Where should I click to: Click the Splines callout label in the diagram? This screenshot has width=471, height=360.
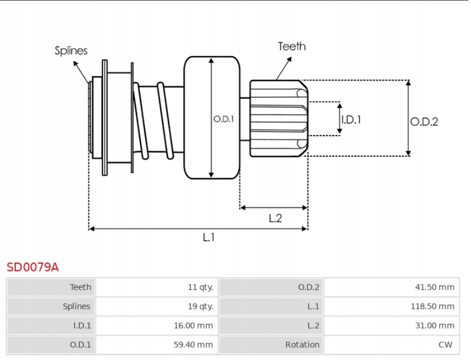(x=71, y=50)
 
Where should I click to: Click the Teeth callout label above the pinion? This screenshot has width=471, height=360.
(x=291, y=46)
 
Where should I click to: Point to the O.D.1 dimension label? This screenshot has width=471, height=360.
(x=223, y=119)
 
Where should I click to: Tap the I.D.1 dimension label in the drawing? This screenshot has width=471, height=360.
(x=351, y=120)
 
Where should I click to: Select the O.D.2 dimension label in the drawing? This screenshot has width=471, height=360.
(x=424, y=122)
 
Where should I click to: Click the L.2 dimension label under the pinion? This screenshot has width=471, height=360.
(x=275, y=218)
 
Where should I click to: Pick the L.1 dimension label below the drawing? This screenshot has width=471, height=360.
(x=208, y=237)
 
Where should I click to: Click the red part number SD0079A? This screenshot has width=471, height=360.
(x=32, y=267)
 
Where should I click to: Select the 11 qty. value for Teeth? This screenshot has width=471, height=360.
(x=200, y=287)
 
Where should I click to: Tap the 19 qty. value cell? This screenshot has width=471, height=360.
(x=200, y=306)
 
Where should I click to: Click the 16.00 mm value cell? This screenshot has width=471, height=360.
(x=193, y=326)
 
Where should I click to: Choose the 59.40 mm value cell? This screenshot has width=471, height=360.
(x=193, y=344)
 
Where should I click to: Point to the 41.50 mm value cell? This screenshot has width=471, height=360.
(x=435, y=287)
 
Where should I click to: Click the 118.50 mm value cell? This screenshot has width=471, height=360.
(x=432, y=306)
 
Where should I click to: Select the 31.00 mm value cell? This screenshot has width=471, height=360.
(x=435, y=326)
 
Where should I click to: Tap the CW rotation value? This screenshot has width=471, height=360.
(x=445, y=344)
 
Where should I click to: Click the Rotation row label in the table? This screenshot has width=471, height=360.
(x=302, y=344)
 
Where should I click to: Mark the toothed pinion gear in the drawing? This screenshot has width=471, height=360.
(x=278, y=118)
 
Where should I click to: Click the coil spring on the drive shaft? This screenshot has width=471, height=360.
(x=154, y=121)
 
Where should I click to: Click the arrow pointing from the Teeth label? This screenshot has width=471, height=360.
(x=284, y=68)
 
